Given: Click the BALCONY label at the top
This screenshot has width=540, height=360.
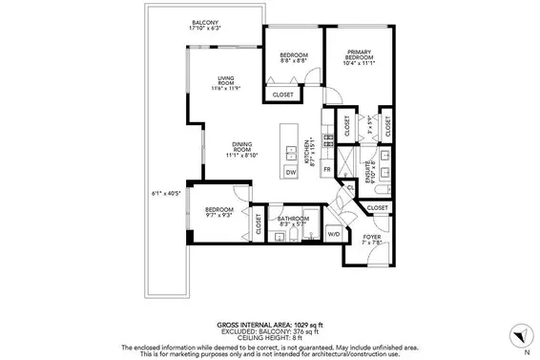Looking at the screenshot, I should coord(205,23).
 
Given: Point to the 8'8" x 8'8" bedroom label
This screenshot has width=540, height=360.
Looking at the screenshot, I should coord(293,58).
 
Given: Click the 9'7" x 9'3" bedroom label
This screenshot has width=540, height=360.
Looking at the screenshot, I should coord(218,212).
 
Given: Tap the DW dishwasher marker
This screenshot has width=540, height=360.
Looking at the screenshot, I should coord(290,172).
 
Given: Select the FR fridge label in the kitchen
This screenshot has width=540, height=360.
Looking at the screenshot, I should coord(326,169).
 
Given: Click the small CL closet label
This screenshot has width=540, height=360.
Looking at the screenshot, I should coord(351,189).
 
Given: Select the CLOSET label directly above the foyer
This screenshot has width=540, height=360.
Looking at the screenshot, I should coord(377,207).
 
